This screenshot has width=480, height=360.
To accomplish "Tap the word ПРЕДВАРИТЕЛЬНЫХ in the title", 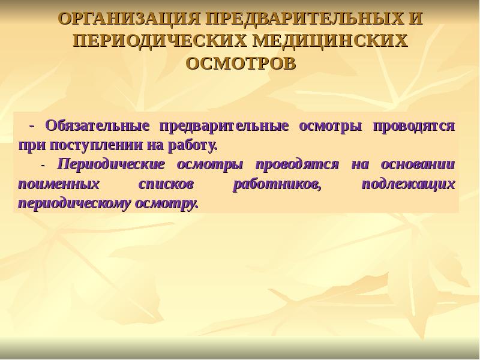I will (302, 19).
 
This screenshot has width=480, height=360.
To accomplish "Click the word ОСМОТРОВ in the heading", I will (240, 63).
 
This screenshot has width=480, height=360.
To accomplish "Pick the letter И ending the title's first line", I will (415, 19).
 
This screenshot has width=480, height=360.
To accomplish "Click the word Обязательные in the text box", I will (96, 127).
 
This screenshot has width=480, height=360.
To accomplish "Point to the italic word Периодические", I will (111, 164).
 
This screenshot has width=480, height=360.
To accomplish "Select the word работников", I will (277, 184).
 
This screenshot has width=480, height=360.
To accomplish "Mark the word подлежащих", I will (408, 184).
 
